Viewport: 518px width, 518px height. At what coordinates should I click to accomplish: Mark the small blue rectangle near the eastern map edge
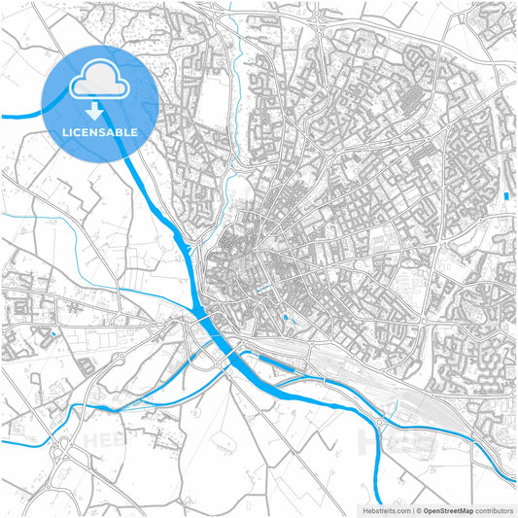point(506,196)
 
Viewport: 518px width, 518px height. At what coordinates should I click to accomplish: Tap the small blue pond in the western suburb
point(54,333)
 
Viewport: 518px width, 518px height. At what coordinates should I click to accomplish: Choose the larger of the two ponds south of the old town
point(284,319)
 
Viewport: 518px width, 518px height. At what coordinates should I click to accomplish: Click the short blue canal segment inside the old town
point(259,290)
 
